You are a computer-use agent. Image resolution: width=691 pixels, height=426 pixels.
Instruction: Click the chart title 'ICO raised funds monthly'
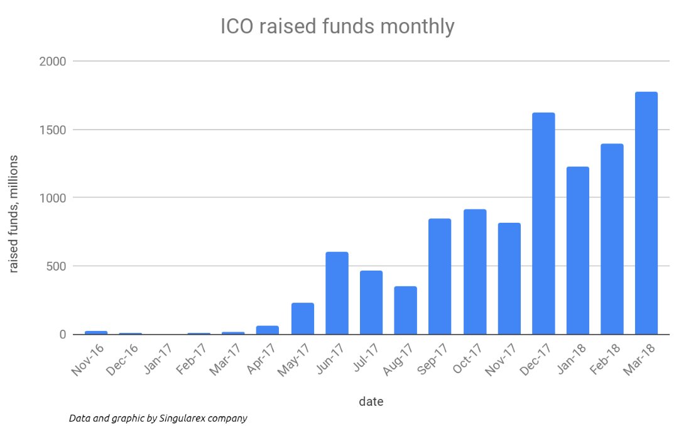click(337, 27)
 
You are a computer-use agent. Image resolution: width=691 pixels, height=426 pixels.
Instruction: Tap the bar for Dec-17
click(543, 223)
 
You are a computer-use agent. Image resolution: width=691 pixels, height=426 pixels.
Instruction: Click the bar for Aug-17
click(406, 310)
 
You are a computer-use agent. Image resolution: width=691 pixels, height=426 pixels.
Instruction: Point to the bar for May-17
click(303, 318)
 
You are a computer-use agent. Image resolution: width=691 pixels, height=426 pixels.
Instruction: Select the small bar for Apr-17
click(268, 329)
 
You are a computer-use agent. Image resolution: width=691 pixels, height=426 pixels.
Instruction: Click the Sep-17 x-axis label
click(433, 359)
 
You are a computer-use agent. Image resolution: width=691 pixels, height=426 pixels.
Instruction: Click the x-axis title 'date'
click(371, 401)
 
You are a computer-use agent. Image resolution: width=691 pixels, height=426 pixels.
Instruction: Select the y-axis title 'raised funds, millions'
click(13, 213)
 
